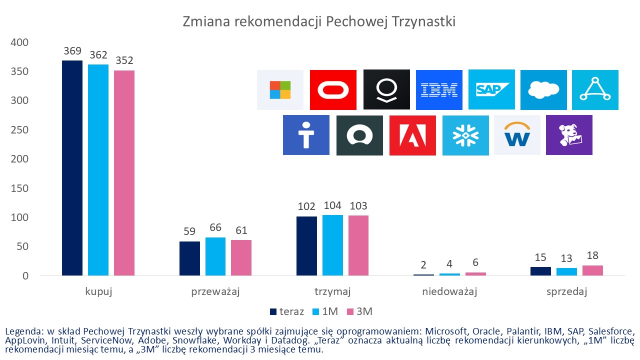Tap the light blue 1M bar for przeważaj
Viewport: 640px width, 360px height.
coord(215,256)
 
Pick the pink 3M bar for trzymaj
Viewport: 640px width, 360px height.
coord(358,245)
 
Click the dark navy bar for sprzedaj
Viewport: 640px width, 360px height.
coord(540,271)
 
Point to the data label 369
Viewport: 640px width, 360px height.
coord(72,51)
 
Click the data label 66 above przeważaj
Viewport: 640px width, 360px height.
coord(215,228)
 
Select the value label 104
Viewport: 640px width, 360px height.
coord(332,206)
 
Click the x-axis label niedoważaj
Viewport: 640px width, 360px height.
coord(449,292)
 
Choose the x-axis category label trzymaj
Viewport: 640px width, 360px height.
coord(332,292)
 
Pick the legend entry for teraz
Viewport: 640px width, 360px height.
coord(287,311)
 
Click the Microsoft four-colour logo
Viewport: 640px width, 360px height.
coord(280,90)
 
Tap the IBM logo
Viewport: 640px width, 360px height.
coord(439,90)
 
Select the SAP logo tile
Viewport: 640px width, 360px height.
coord(491,90)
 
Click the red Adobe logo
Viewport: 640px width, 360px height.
coord(412,135)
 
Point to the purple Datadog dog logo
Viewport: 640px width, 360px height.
coord(569,135)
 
